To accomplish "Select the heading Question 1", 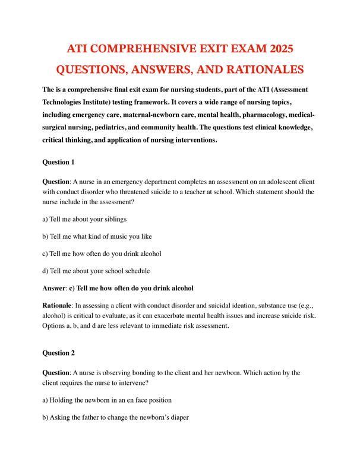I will click(x=58, y=161).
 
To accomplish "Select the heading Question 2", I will click(x=58, y=353).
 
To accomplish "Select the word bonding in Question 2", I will click(x=157, y=372).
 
